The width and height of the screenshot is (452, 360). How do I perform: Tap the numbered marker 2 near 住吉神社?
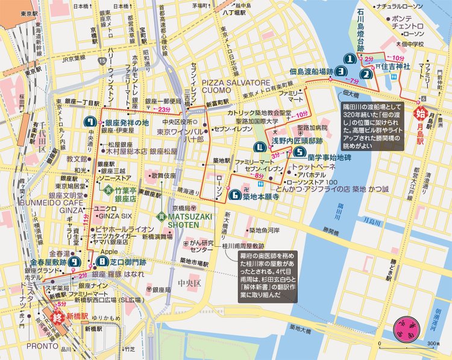(x=366, y=75)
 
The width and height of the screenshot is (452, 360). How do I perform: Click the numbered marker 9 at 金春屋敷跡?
(x=74, y=261)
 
